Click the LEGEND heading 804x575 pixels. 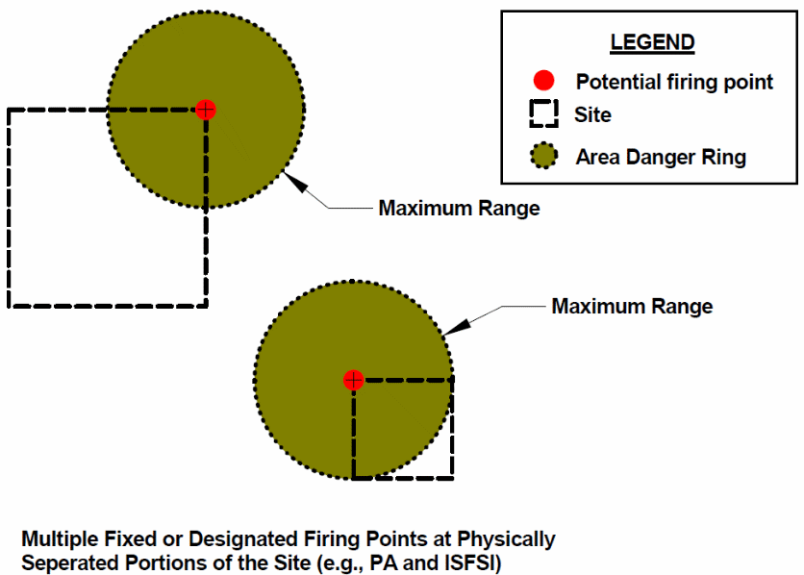click(652, 42)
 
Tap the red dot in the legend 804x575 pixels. click(544, 81)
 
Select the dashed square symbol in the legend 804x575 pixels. click(544, 115)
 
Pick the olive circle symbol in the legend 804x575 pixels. click(545, 156)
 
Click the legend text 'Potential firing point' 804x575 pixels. click(674, 82)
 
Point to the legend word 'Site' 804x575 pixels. click(592, 115)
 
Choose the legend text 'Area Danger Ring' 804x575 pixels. click(661, 157)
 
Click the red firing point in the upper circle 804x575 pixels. click(205, 109)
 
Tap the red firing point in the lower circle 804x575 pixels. click(354, 380)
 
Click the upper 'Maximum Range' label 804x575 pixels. click(459, 208)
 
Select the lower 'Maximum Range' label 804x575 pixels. click(632, 307)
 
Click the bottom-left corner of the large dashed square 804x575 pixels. click(10, 306)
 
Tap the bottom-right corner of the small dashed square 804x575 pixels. click(452, 478)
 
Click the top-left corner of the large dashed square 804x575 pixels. click(10, 110)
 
